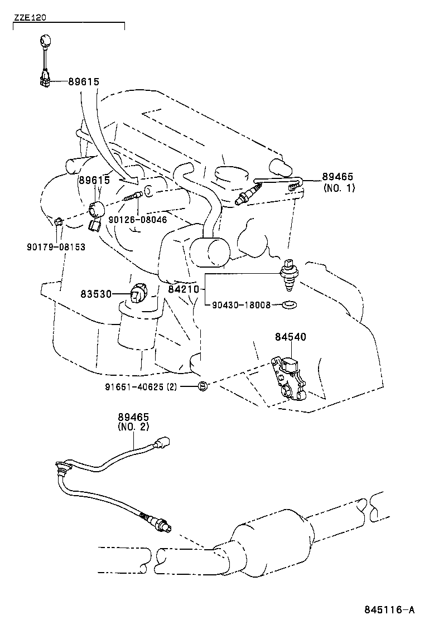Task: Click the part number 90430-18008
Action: (x=240, y=305)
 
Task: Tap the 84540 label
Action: (x=290, y=337)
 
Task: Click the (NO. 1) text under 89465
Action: (x=339, y=188)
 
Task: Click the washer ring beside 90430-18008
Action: (x=289, y=305)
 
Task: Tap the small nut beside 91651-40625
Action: (x=204, y=386)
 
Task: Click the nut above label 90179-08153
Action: (x=59, y=222)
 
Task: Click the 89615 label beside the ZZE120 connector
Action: (x=84, y=81)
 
